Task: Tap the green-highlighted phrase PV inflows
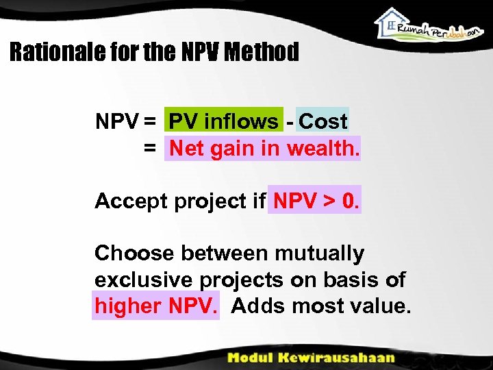[223, 122]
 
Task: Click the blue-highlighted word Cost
[323, 122]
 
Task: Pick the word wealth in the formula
[323, 148]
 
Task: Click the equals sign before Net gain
[149, 148]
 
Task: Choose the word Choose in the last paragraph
[134, 254]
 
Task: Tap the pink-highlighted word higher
[128, 306]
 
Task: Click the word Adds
[257, 306]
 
